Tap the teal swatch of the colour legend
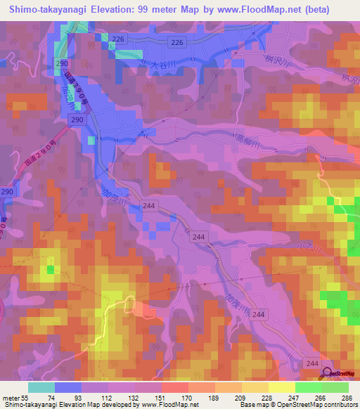click(41, 387)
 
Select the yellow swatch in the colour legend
click(282, 387)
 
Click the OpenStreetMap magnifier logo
click(328, 372)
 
